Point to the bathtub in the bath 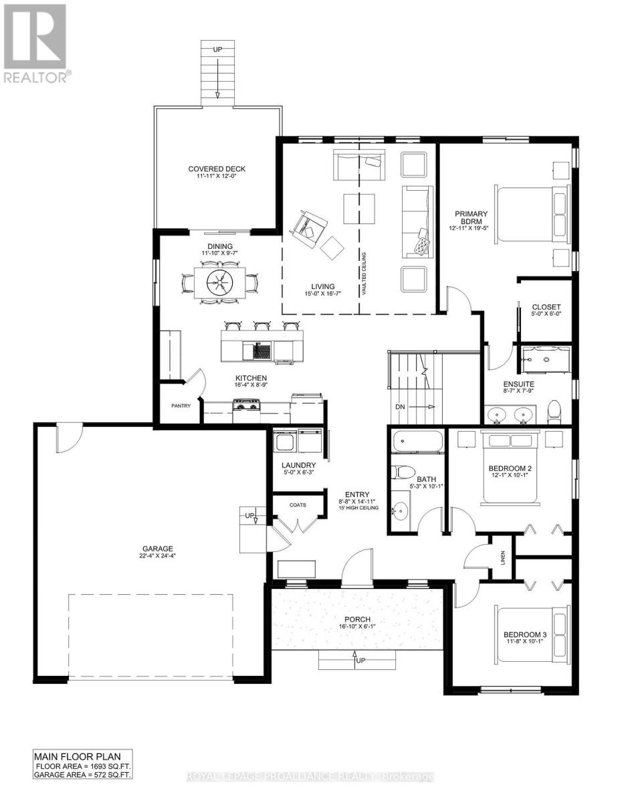(x=418, y=442)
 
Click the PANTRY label (x=181, y=406)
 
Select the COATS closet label (x=298, y=505)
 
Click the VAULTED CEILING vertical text (x=365, y=274)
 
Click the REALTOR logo (x=35, y=43)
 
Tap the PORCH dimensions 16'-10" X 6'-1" (x=358, y=627)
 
